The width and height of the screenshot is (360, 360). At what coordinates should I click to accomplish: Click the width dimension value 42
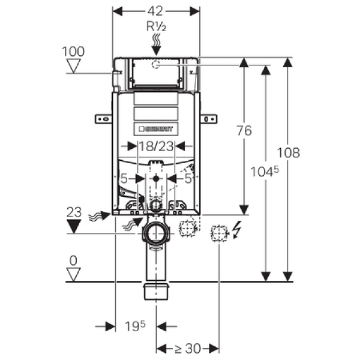pyautogui.click(x=156, y=11)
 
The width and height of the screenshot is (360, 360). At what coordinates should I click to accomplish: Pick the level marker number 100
pyautogui.click(x=74, y=51)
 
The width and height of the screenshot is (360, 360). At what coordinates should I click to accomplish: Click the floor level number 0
pyautogui.click(x=74, y=262)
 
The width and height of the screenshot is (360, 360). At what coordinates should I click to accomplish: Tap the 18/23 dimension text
pyautogui.click(x=155, y=145)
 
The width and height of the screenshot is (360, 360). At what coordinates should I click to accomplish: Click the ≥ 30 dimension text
pyautogui.click(x=188, y=348)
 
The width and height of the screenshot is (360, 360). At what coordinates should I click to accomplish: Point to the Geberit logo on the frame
pyautogui.click(x=155, y=128)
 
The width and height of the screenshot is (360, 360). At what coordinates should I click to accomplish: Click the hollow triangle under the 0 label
pyautogui.click(x=74, y=275)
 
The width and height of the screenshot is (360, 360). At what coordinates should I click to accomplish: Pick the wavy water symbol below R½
pyautogui.click(x=155, y=40)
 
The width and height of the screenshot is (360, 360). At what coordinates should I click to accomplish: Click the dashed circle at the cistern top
pyautogui.click(x=156, y=65)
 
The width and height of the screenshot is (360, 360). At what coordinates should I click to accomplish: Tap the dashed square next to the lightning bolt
pyautogui.click(x=218, y=232)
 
